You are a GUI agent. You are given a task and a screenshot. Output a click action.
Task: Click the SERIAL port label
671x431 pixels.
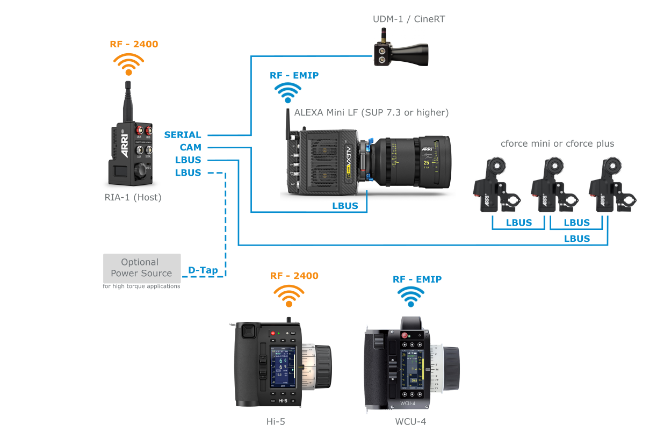(x=183, y=135)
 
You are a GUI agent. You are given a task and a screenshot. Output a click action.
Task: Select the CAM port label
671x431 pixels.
(x=190, y=147)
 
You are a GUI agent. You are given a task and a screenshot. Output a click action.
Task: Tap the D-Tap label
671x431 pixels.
(x=203, y=270)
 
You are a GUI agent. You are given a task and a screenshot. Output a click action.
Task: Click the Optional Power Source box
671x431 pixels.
(x=142, y=268)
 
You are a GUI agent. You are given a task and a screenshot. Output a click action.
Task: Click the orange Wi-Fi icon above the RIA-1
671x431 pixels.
(x=128, y=64)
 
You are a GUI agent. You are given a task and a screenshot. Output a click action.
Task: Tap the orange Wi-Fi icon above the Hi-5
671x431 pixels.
(x=289, y=296)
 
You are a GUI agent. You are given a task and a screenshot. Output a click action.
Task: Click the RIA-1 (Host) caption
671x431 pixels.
(x=133, y=197)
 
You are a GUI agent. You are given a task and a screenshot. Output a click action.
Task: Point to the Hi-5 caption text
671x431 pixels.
(x=276, y=421)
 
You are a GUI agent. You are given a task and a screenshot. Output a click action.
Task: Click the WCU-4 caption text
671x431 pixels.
(x=410, y=421)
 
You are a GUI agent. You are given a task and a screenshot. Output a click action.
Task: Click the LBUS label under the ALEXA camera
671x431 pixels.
(x=345, y=206)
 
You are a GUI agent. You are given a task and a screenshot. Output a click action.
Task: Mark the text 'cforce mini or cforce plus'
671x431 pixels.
(x=557, y=143)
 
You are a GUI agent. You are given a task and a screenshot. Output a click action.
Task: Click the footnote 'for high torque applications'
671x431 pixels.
(x=141, y=286)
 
